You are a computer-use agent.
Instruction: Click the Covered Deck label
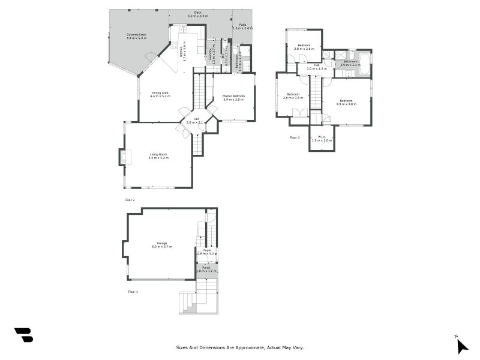pyautogui.click(x=136, y=37)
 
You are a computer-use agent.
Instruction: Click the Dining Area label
pyautogui.click(x=160, y=94)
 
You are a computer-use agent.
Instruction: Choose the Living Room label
pyautogui.click(x=158, y=156)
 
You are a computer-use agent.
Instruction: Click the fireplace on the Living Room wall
pyautogui.click(x=123, y=157)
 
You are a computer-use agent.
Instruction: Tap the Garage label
pyautogui.click(x=162, y=244)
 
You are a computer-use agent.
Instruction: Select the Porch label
pyautogui.click(x=206, y=268)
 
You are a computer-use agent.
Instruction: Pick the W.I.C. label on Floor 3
pyautogui.click(x=322, y=138)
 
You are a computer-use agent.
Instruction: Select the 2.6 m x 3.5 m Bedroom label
pyautogui.click(x=293, y=95)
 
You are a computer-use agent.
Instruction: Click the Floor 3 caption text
pyautogui.click(x=295, y=137)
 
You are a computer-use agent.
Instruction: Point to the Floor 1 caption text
pyautogui.click(x=133, y=292)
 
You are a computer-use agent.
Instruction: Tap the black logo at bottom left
pyautogui.click(x=23, y=335)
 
